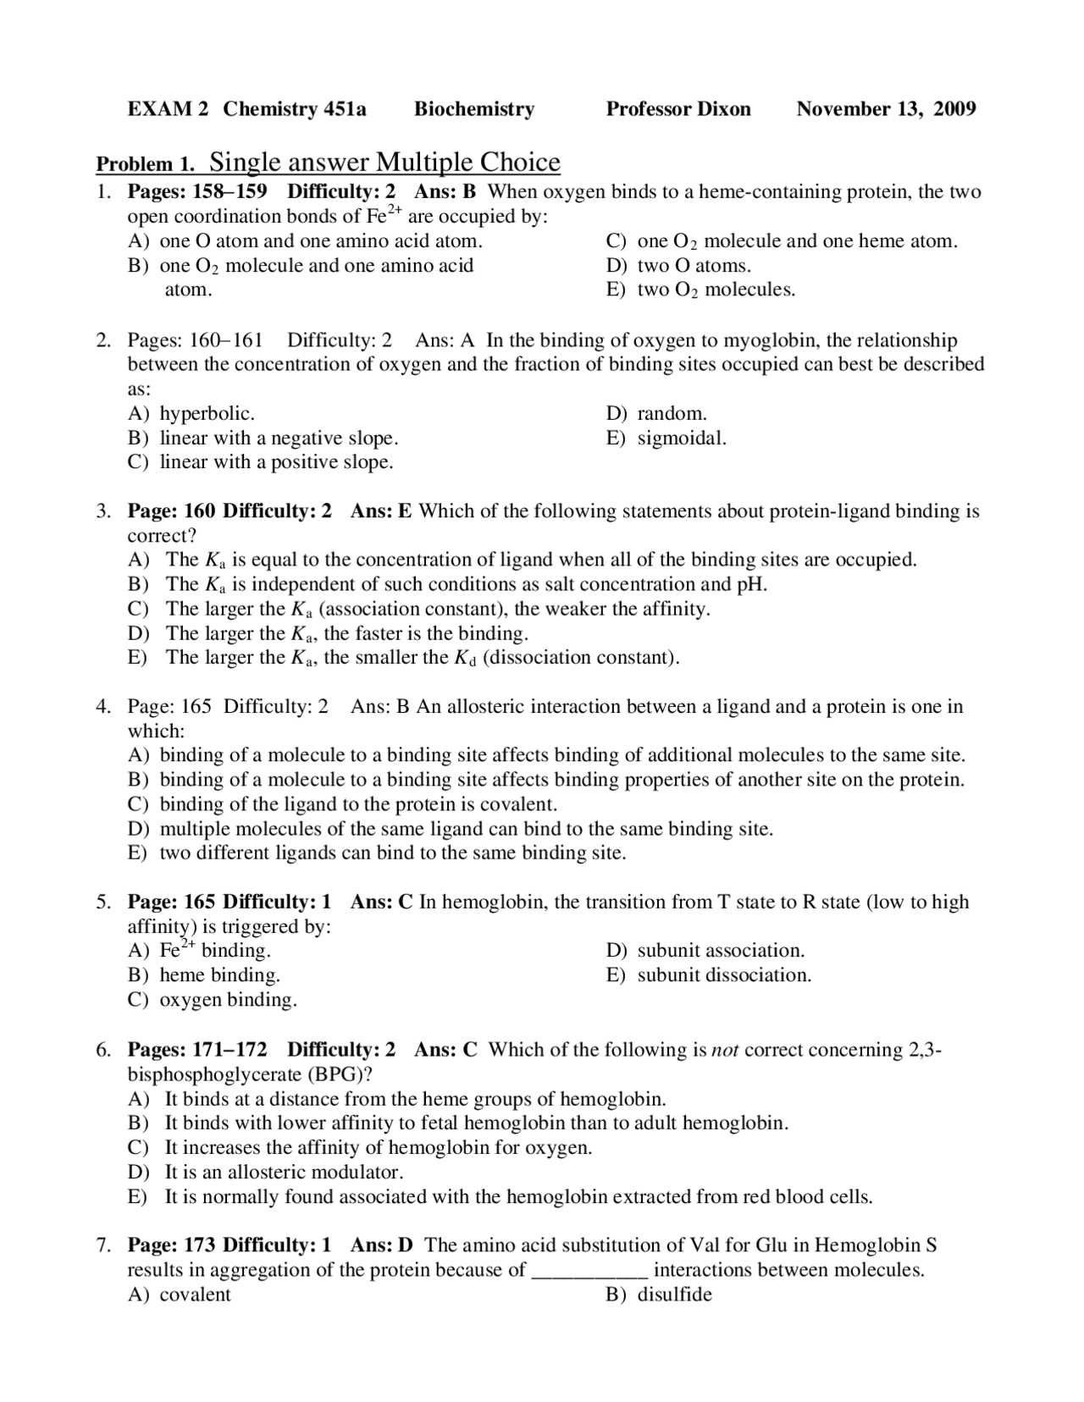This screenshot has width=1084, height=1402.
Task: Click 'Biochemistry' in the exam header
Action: [474, 109]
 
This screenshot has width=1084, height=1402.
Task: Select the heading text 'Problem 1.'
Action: [146, 164]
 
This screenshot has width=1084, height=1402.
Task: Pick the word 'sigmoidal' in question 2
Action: [681, 439]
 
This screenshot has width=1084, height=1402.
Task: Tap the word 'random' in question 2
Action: [671, 414]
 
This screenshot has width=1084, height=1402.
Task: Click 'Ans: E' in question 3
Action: [381, 511]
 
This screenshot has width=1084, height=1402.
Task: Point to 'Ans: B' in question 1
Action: [445, 191]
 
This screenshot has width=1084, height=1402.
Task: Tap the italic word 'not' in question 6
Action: [725, 1051]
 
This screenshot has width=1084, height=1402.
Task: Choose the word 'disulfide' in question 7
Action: [674, 1294]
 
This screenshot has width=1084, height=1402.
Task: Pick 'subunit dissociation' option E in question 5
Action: [724, 975]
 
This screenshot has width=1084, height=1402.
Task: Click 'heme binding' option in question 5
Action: [219, 975]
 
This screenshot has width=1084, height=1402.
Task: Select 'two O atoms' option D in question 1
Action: [694, 266]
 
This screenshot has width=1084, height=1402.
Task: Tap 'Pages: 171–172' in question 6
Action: [197, 1051]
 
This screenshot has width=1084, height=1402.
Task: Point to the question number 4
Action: [102, 707]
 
